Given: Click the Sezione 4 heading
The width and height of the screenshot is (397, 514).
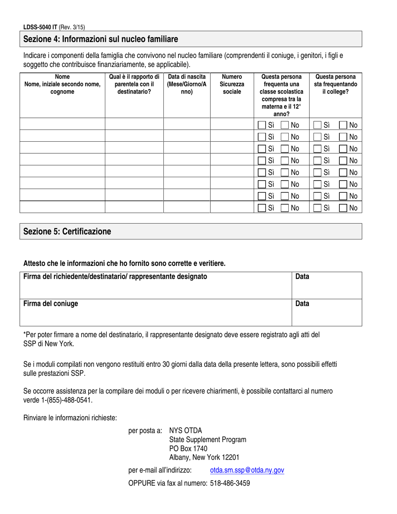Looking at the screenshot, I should pyautogui.click(x=101, y=39).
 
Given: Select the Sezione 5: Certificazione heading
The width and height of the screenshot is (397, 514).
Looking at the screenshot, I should pyautogui.click(x=67, y=232).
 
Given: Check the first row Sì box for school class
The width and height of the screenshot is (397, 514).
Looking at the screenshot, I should pyautogui.click(x=262, y=125).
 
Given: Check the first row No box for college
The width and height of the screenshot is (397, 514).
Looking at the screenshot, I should pyautogui.click(x=343, y=125).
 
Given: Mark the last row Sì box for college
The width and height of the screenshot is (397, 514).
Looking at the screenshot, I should pyautogui.click(x=318, y=207).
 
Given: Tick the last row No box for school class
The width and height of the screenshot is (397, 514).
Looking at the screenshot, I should pyautogui.click(x=285, y=207).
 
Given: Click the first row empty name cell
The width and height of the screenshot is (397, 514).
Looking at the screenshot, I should pyautogui.click(x=62, y=125).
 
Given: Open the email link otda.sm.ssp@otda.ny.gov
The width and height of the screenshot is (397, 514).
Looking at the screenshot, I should pyautogui.click(x=247, y=470).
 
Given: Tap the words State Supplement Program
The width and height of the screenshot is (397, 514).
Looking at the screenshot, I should pyautogui.click(x=207, y=440).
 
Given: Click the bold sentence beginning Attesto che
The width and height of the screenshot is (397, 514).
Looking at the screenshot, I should pyautogui.click(x=124, y=263).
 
